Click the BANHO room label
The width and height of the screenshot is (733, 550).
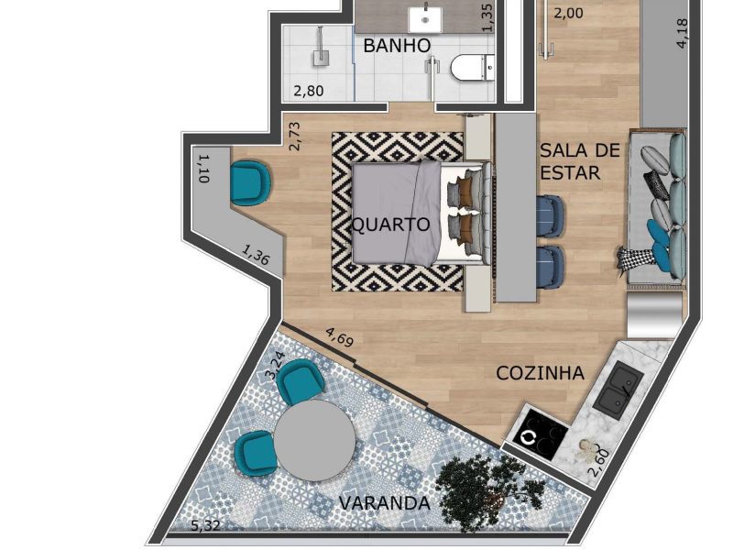click(397, 46)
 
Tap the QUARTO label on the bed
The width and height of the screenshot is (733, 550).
click(391, 225)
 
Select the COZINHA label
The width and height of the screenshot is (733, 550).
click(540, 373)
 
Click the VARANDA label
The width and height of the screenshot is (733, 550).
click(384, 503)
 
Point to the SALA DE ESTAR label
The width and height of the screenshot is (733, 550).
click(580, 161)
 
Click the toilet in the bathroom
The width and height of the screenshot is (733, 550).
click(473, 68)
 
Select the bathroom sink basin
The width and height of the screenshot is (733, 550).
click(425, 19)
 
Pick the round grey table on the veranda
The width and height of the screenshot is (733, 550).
click(314, 440)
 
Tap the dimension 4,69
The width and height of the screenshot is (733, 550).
click(339, 337)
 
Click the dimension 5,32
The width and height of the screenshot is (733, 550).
click(205, 525)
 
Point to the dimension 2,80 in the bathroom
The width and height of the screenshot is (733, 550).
click(309, 90)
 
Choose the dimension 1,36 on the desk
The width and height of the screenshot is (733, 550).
click(256, 256)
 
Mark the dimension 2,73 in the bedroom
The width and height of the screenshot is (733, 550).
click(294, 136)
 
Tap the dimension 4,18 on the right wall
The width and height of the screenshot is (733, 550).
click(682, 33)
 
